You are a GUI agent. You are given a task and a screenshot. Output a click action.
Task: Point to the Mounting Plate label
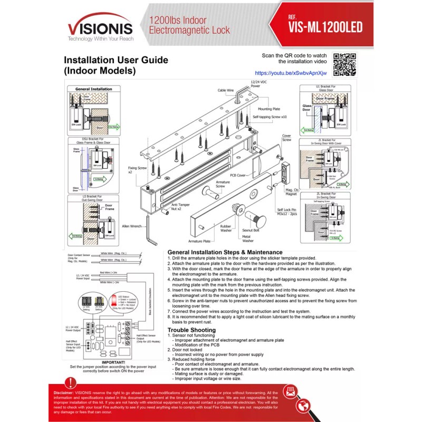[x=269, y=109]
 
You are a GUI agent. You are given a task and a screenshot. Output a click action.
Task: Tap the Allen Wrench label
[x=132, y=226]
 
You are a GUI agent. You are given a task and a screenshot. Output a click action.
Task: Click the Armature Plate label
[x=200, y=240]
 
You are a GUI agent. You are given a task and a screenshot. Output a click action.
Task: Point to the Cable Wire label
[x=226, y=90]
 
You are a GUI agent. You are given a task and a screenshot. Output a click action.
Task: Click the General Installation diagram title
[x=94, y=89]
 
